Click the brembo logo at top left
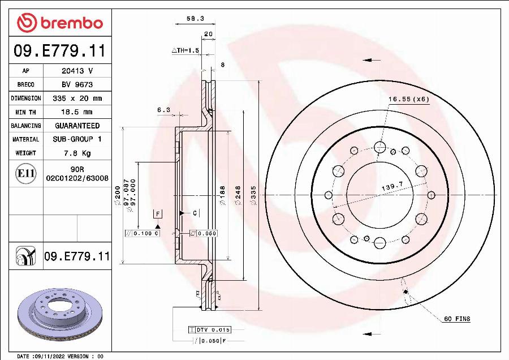coord(60,23)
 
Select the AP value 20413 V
coord(77,71)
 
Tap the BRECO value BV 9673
coord(77,85)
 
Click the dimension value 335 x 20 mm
coord(77,98)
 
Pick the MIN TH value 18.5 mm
coord(77,112)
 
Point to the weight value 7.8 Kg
coord(77,153)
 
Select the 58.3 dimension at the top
coord(195,19)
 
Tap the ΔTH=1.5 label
coord(186,50)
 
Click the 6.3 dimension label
coord(163,110)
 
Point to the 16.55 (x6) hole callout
coord(408,99)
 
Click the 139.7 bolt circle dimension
coord(392,185)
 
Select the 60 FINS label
coord(456,319)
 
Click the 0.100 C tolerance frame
coord(143,233)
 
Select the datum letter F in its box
coord(158,214)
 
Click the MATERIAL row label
coord(25,139)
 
